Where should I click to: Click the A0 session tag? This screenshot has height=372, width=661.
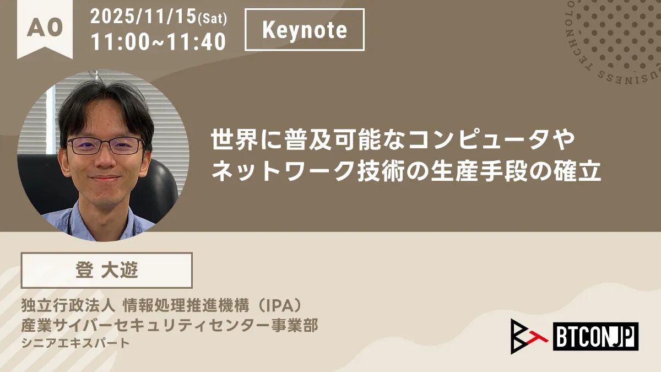pyautogui.click(x=45, y=29)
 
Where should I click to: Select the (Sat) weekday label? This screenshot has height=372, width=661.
pyautogui.click(x=213, y=19)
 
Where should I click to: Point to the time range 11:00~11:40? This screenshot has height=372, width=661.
pyautogui.click(x=159, y=42)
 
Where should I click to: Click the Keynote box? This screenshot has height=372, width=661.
pyautogui.click(x=305, y=30)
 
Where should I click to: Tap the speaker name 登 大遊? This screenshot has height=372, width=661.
pyautogui.click(x=107, y=270)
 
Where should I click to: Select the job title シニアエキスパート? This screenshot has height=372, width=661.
pyautogui.click(x=75, y=343)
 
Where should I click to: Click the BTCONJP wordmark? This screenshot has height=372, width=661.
pyautogui.click(x=596, y=336)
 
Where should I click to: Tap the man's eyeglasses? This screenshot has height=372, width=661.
pyautogui.click(x=105, y=145)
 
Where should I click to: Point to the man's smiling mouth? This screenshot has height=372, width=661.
pyautogui.click(x=105, y=178)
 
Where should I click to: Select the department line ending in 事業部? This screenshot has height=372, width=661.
pyautogui.click(x=170, y=326)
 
